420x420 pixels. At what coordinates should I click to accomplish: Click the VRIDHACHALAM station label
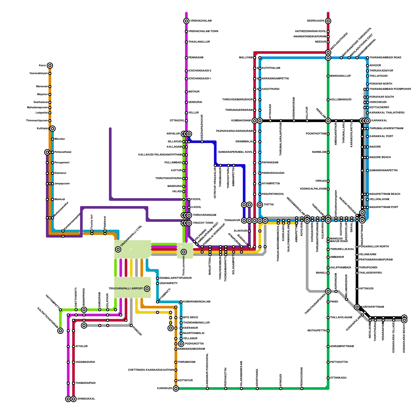click(x=201, y=21)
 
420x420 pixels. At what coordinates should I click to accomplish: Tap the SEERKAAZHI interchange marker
click(x=328, y=21)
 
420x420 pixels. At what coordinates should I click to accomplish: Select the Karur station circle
click(x=50, y=66)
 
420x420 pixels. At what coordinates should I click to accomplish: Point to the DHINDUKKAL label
click(x=86, y=399)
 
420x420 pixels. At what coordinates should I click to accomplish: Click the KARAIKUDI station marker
click(x=176, y=388)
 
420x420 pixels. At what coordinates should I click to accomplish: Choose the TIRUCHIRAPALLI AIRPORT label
click(x=126, y=289)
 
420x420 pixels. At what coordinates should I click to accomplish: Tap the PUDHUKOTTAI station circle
click(x=181, y=344)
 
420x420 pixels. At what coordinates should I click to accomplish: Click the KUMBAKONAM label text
click(x=241, y=121)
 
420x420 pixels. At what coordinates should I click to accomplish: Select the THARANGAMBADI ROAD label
click(x=385, y=58)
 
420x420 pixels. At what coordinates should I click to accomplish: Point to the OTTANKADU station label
click(x=338, y=378)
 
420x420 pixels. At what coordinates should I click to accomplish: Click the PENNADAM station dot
click(x=186, y=58)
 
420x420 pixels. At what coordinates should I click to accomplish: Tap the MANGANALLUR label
click(x=340, y=76)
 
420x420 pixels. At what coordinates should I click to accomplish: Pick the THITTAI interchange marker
click(x=260, y=205)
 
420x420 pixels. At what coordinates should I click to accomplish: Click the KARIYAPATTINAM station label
click(x=372, y=307)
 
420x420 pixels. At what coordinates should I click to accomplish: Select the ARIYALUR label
click(x=173, y=134)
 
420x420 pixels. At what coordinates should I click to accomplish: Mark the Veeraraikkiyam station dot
click(x=50, y=73)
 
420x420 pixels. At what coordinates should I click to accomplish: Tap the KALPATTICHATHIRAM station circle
click(x=60, y=331)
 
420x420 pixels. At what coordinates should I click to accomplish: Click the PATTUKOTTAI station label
click(x=339, y=362)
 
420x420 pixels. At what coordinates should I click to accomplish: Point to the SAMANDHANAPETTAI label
click(x=383, y=171)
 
